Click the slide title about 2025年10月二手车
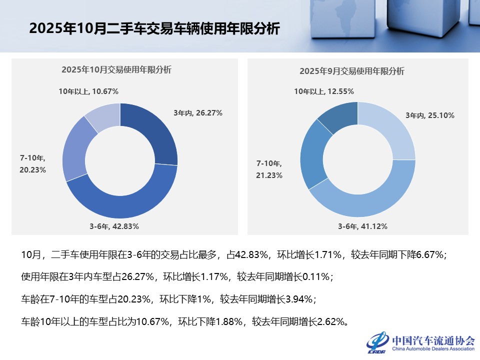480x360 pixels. pos(154,28)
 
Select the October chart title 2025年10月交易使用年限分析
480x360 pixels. pos(116,70)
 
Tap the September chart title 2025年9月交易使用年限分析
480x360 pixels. pos(352,71)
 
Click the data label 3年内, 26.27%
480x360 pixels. pos(198,113)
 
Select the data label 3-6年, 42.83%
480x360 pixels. pos(114,226)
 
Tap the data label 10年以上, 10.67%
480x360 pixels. pos(88,91)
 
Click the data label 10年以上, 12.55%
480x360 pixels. pos(324,91)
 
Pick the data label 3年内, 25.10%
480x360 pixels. pos(429,115)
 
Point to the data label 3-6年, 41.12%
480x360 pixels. pos(362,226)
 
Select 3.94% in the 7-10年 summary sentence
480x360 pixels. pos(298,299)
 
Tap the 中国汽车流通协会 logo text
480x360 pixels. pos(433,340)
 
